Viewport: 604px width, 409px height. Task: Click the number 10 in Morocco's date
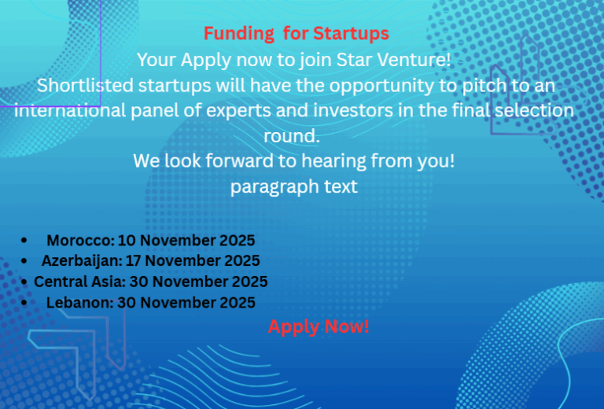click(128, 241)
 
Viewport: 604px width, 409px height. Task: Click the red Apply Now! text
click(319, 326)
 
